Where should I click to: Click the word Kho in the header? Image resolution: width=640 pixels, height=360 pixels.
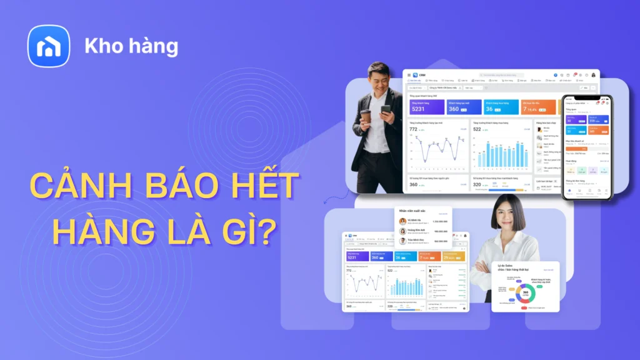point(101,47)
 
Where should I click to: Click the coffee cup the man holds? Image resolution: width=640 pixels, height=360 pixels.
point(366,117)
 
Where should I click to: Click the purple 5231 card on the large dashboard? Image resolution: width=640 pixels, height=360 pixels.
point(427,107)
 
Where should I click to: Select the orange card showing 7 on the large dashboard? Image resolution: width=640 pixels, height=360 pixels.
point(539,107)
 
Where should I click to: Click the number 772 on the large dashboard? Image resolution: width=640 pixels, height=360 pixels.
point(413,129)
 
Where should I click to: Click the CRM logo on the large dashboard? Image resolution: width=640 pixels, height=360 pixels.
point(417,76)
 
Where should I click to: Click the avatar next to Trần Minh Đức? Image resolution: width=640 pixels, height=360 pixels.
point(402,241)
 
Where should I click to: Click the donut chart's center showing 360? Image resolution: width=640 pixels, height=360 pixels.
point(526,292)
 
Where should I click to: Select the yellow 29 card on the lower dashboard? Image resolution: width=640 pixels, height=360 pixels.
point(454,256)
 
